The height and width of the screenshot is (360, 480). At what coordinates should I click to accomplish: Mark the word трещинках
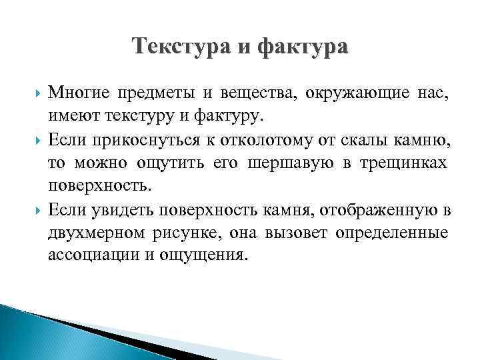(409, 164)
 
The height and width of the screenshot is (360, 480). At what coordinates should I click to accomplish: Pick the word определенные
(393, 234)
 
